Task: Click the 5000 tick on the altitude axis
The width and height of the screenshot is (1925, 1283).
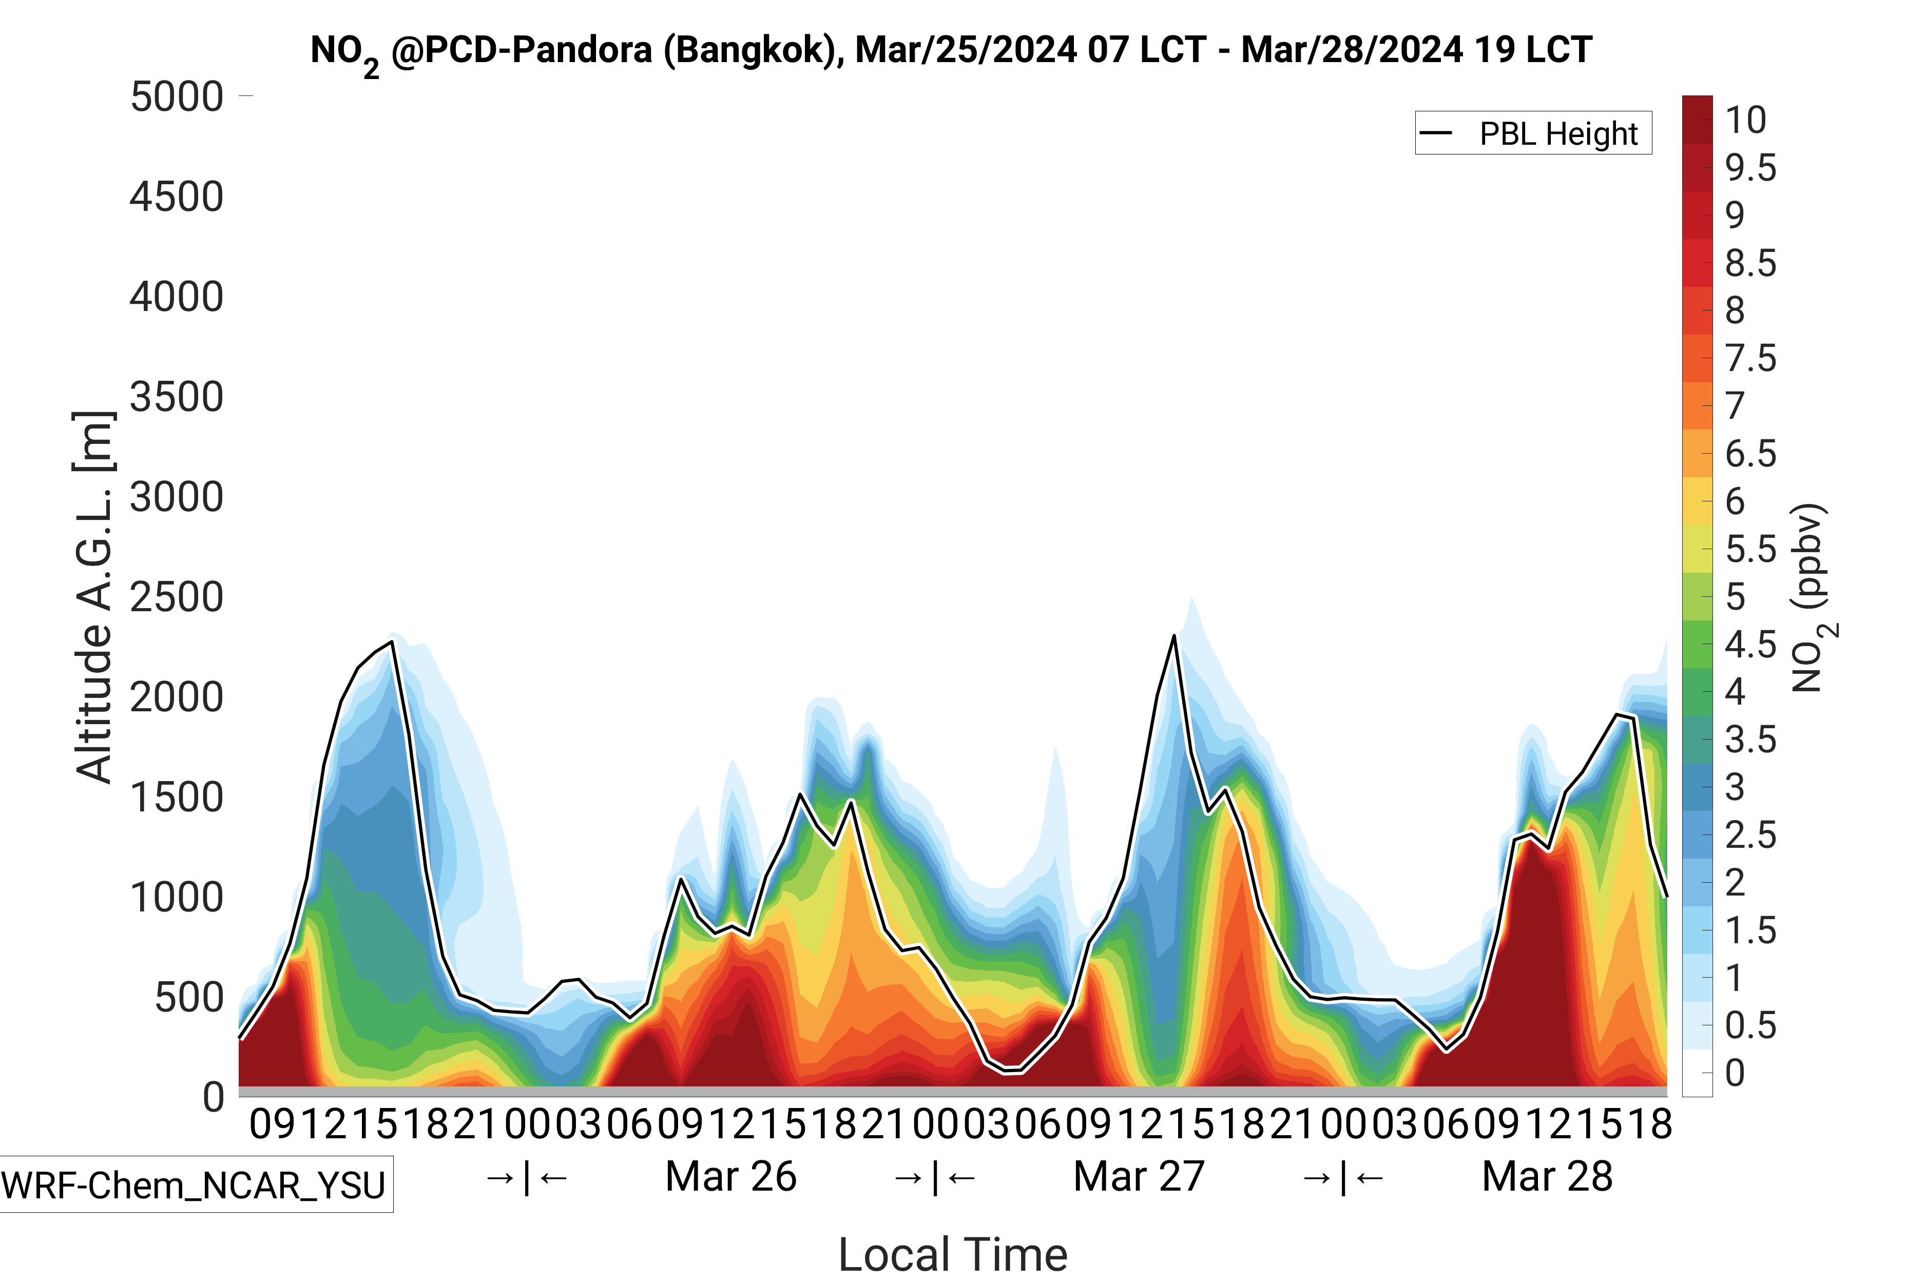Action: [x=177, y=98]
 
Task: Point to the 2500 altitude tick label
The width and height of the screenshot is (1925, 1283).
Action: [x=177, y=597]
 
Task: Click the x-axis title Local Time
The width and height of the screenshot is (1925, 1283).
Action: [x=953, y=1254]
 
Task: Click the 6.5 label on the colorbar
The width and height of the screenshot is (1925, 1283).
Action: [x=1750, y=454]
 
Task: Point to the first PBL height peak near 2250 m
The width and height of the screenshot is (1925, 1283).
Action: [x=392, y=643]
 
